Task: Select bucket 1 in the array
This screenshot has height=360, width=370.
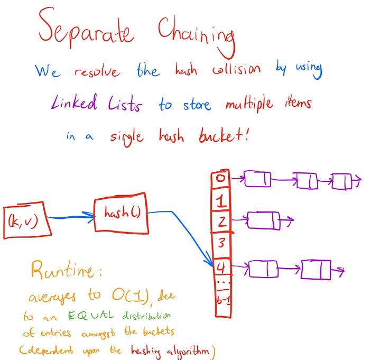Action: click(221, 200)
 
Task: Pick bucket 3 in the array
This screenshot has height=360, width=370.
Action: click(221, 244)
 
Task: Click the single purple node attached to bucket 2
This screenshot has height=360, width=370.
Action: click(263, 220)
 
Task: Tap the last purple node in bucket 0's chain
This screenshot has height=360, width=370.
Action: click(341, 181)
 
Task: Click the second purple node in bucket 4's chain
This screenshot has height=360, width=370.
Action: click(316, 270)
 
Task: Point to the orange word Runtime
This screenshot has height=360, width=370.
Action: click(66, 272)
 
